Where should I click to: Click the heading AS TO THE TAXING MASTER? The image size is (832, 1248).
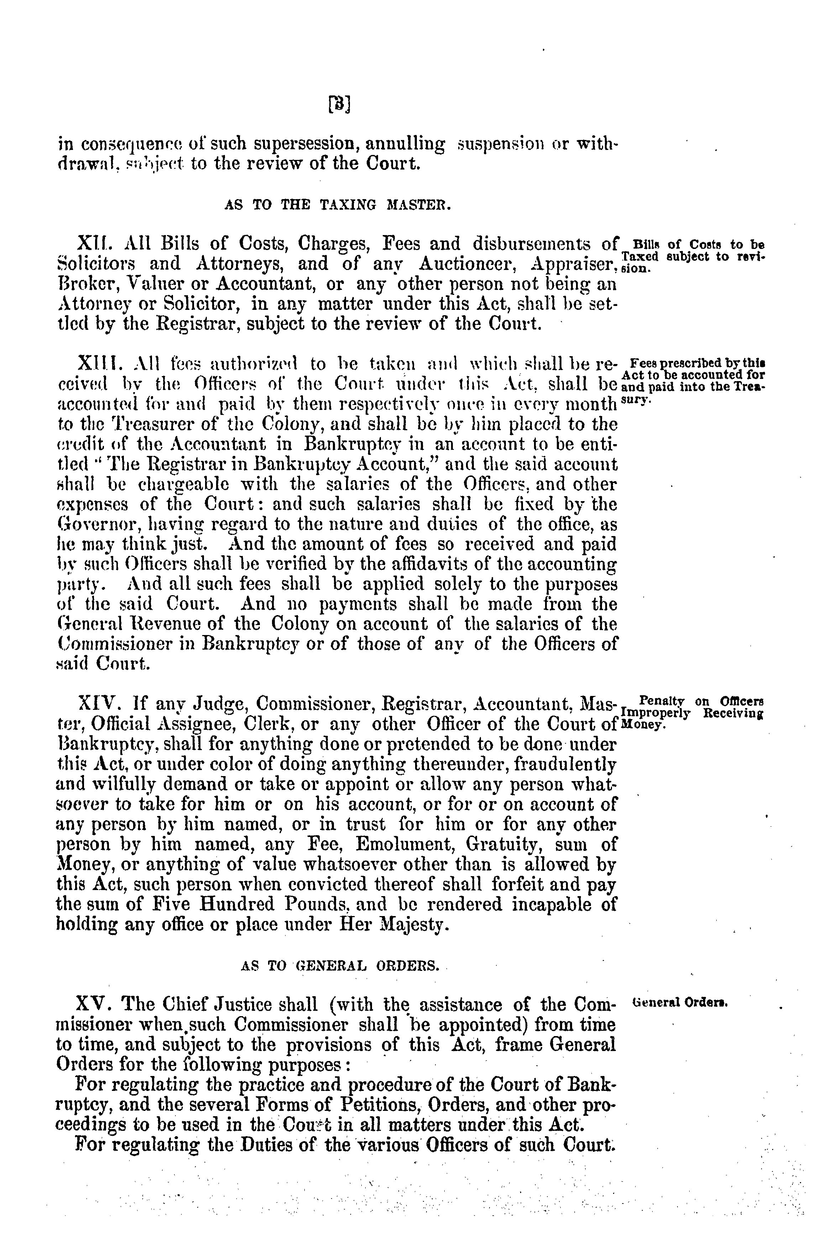(x=337, y=205)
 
